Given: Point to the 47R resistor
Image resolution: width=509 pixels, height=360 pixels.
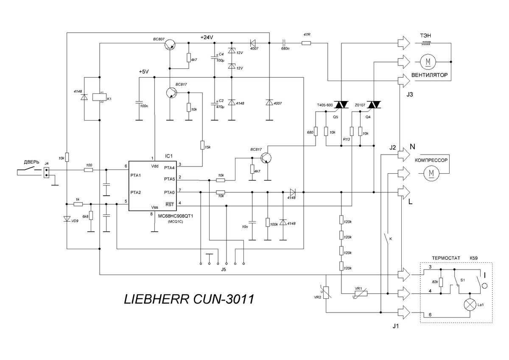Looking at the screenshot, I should [306, 43].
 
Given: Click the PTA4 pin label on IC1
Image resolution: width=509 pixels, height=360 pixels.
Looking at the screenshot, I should [171, 168].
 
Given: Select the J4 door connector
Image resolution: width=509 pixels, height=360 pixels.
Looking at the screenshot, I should [46, 172].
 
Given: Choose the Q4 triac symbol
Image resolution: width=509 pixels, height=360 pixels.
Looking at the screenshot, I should [373, 104].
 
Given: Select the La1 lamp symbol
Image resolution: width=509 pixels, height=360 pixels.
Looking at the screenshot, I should [469, 304].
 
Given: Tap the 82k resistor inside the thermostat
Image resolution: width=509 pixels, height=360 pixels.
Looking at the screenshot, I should [441, 282].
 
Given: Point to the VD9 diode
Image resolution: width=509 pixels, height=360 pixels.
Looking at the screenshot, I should [67, 219].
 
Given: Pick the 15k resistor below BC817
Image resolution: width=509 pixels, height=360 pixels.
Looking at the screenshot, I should [202, 145].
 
